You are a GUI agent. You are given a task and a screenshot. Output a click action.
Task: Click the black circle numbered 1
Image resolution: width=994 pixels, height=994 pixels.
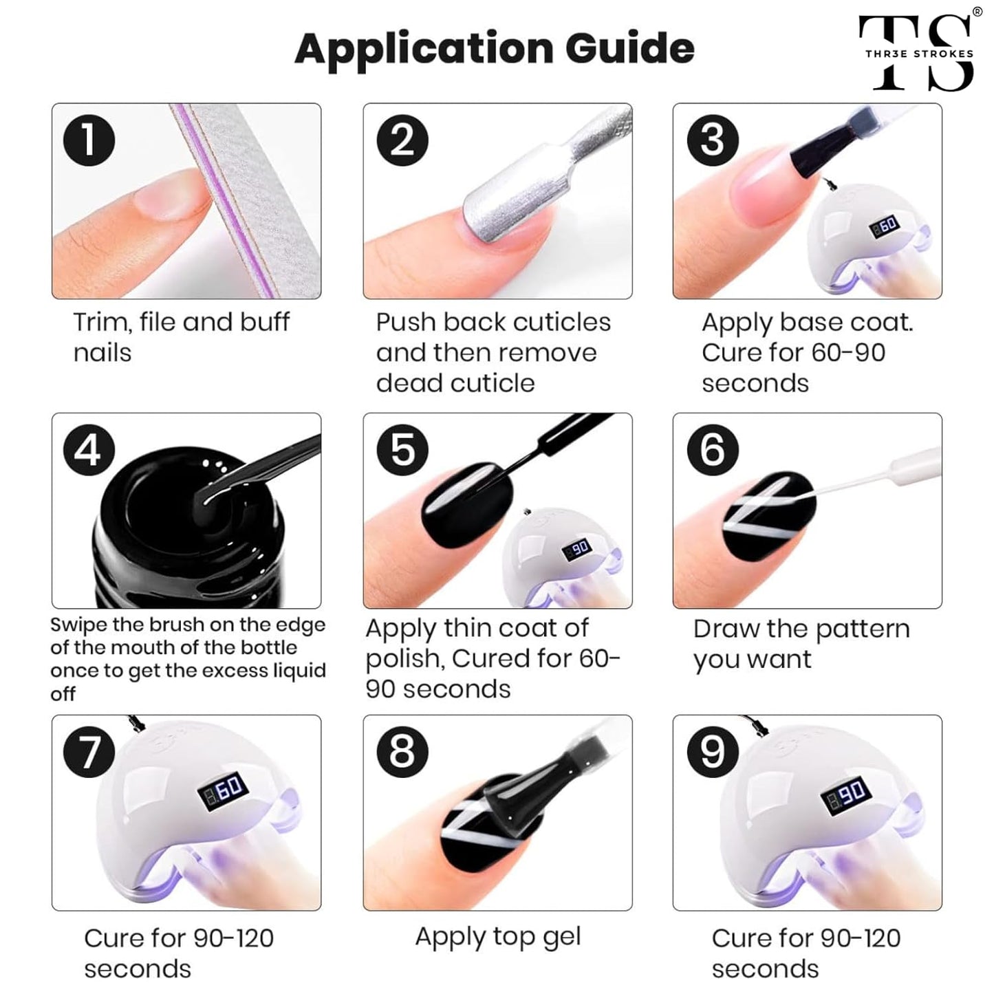click(89, 140)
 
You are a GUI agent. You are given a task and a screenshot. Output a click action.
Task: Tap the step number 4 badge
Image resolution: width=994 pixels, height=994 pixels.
click(89, 451)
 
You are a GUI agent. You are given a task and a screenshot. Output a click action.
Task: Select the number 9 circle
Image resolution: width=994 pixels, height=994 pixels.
click(713, 752)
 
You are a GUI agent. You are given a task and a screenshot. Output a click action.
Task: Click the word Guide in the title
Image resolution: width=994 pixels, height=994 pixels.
click(630, 48)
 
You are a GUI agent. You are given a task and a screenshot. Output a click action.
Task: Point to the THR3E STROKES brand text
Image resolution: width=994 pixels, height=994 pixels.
click(919, 53)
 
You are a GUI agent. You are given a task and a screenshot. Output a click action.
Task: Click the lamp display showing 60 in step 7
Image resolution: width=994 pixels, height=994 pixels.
click(223, 788)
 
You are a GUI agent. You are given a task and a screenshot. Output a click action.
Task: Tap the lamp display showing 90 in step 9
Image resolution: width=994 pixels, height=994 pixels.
click(846, 792)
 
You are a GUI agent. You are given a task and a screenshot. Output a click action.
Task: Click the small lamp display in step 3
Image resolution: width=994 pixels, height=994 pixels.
click(885, 226)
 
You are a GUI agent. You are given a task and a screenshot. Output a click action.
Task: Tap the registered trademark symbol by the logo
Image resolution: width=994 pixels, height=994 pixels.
click(977, 12)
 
